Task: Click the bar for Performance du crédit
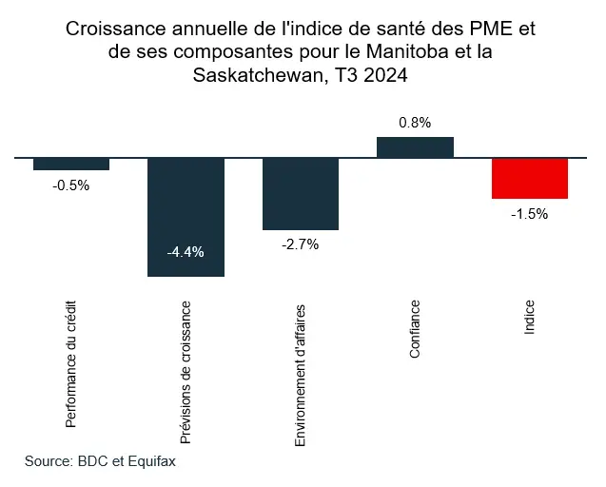click(71, 164)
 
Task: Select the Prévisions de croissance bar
click(186, 217)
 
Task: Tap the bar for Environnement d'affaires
click(301, 193)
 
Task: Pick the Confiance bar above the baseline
click(415, 146)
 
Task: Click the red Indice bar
click(530, 178)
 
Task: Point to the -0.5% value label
click(71, 185)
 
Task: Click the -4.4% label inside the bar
click(186, 252)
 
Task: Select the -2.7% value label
click(301, 244)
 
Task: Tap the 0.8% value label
click(415, 122)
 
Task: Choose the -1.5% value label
click(530, 214)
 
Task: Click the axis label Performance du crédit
click(71, 364)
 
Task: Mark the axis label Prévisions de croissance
click(186, 372)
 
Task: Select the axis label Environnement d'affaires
click(301, 375)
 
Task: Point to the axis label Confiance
click(415, 329)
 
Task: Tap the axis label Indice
click(530, 317)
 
